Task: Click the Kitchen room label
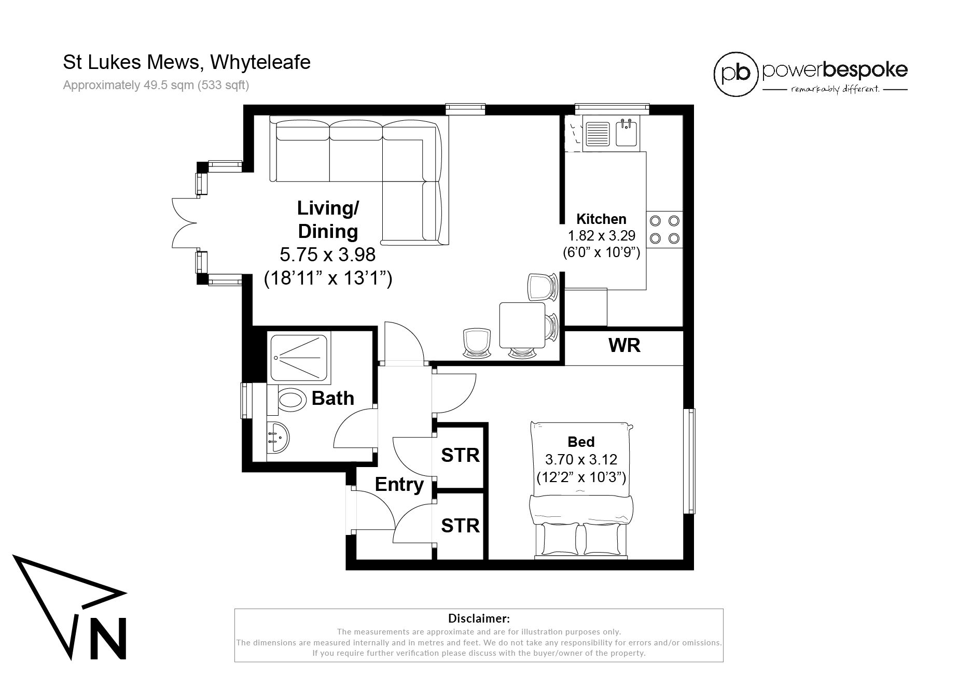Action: [x=601, y=219]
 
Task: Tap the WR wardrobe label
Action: [x=624, y=345]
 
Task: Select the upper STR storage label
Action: [x=460, y=455]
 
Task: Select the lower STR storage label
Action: [x=460, y=526]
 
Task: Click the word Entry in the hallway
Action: [x=399, y=485]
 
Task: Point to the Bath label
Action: [x=333, y=398]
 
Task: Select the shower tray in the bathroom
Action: [x=298, y=357]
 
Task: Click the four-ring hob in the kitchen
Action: [x=664, y=229]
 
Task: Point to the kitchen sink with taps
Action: [x=627, y=132]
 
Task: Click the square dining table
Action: [x=522, y=326]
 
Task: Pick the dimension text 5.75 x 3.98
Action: [x=327, y=255]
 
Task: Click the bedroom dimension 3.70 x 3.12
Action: [x=581, y=459]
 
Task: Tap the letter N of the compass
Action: [x=108, y=639]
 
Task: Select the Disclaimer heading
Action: [x=478, y=618]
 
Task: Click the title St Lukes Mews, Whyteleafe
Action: [x=187, y=62]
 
